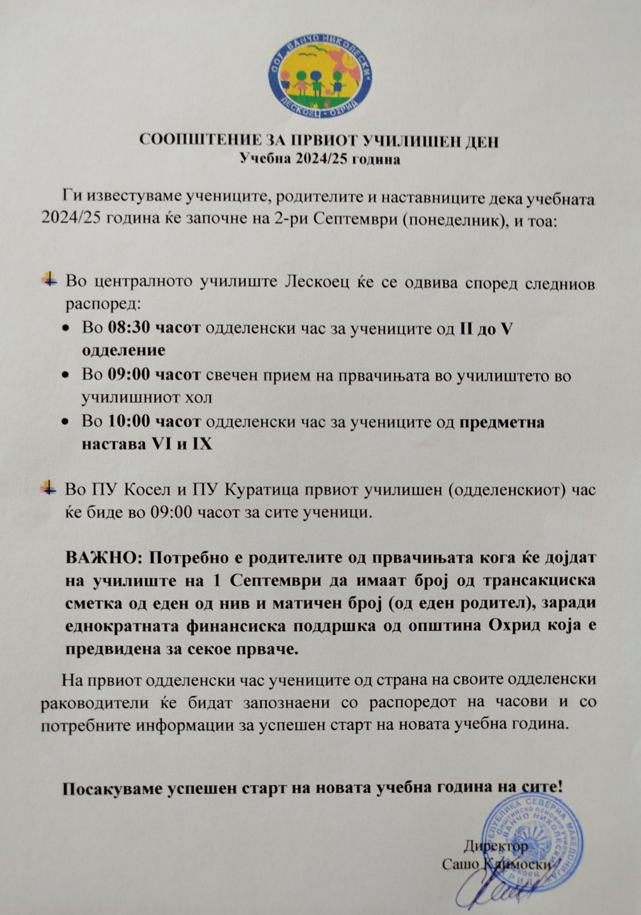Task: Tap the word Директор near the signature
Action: [496, 846]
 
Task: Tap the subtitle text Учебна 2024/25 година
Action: [320, 159]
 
